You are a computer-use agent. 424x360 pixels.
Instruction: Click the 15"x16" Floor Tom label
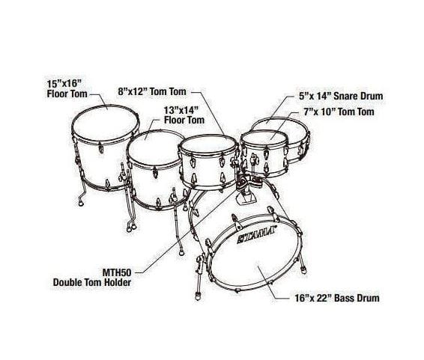(67, 88)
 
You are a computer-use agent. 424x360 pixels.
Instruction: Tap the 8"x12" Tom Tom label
(152, 91)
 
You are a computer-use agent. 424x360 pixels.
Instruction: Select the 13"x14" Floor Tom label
(184, 115)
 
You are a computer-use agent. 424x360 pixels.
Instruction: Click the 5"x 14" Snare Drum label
(341, 96)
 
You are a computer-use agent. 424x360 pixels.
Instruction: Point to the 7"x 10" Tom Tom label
(339, 112)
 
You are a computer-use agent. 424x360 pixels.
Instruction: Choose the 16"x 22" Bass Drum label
(337, 298)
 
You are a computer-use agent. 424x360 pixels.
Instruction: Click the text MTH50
(117, 272)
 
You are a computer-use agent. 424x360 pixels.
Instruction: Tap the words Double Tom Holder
(92, 282)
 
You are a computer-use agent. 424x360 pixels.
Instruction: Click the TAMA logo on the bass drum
(255, 234)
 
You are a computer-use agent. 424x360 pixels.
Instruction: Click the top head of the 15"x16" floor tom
(106, 123)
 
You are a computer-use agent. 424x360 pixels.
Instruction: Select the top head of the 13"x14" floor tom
(154, 147)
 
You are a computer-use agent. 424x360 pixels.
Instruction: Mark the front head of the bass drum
(255, 252)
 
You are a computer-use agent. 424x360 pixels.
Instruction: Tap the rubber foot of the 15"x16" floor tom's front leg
(80, 202)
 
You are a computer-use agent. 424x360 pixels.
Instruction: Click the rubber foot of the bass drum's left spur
(199, 296)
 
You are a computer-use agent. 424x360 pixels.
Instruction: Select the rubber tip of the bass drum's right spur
(304, 270)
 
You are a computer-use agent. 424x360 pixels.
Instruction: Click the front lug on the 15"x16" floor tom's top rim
(101, 147)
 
